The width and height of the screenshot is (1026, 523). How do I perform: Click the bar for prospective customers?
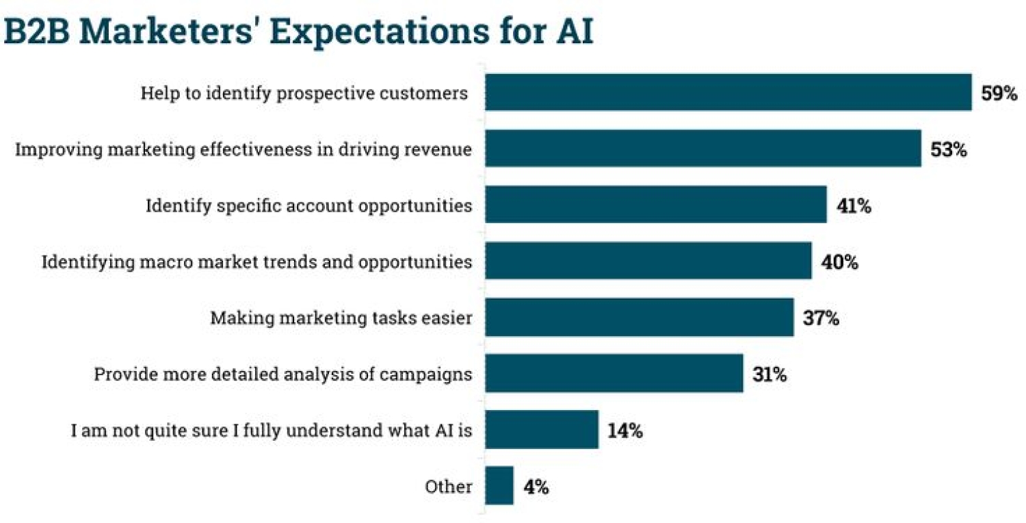pyautogui.click(x=728, y=92)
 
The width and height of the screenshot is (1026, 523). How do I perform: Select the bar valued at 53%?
pyautogui.click(x=703, y=149)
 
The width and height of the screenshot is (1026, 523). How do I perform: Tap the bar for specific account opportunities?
pyautogui.click(x=656, y=205)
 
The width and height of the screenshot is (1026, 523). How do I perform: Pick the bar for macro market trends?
pyautogui.click(x=648, y=261)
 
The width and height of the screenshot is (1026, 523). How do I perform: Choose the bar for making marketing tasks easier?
pyautogui.click(x=640, y=318)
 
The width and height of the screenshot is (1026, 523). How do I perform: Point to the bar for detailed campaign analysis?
pyautogui.click(x=614, y=374)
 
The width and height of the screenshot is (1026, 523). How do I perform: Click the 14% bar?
pyautogui.click(x=542, y=430)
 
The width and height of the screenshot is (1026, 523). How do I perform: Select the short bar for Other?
pyautogui.click(x=499, y=486)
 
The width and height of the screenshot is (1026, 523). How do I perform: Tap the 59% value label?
pyautogui.click(x=999, y=93)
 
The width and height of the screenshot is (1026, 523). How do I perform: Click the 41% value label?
pyautogui.click(x=852, y=205)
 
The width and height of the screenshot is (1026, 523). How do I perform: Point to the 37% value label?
pyautogui.click(x=820, y=318)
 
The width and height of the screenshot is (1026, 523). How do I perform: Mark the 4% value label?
pyautogui.click(x=534, y=487)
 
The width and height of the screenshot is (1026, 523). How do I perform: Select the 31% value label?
pyautogui.click(x=769, y=374)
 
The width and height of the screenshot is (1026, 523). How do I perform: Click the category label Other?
pyautogui.click(x=448, y=487)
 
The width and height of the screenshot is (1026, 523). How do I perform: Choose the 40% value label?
pyautogui.click(x=839, y=261)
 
